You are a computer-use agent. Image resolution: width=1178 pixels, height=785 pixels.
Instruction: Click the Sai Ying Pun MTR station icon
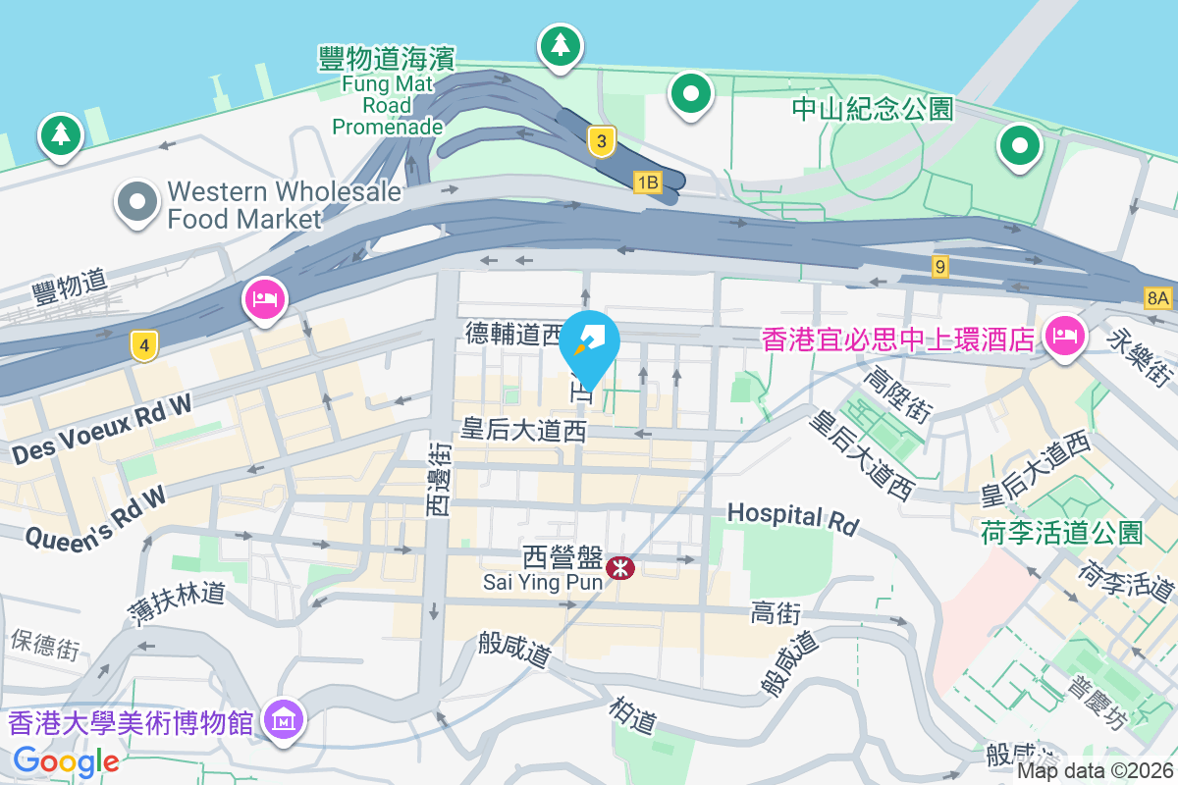coord(619,567)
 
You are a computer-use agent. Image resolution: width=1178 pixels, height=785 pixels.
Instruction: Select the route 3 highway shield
coord(602,142)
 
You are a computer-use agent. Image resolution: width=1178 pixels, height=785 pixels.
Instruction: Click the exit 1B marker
coord(647,182)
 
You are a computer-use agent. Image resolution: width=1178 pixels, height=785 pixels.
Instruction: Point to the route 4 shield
coord(144,345)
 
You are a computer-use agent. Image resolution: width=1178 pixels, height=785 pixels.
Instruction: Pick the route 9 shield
coord(940,266)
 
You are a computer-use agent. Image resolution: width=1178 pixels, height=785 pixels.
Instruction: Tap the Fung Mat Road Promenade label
coord(387,92)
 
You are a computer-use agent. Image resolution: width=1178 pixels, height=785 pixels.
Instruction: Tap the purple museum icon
coord(285,721)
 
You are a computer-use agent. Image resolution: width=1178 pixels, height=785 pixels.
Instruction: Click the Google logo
coord(66,760)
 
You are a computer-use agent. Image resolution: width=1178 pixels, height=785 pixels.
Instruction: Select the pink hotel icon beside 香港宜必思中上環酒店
coord(1062,336)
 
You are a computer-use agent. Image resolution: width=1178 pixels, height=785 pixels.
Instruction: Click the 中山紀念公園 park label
coord(873,108)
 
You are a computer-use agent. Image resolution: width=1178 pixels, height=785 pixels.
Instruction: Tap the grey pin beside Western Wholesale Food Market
coord(137,202)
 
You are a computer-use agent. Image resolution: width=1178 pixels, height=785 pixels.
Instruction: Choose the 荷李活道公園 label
coord(1062,533)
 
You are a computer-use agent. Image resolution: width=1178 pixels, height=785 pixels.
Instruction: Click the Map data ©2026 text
coord(1095,771)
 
